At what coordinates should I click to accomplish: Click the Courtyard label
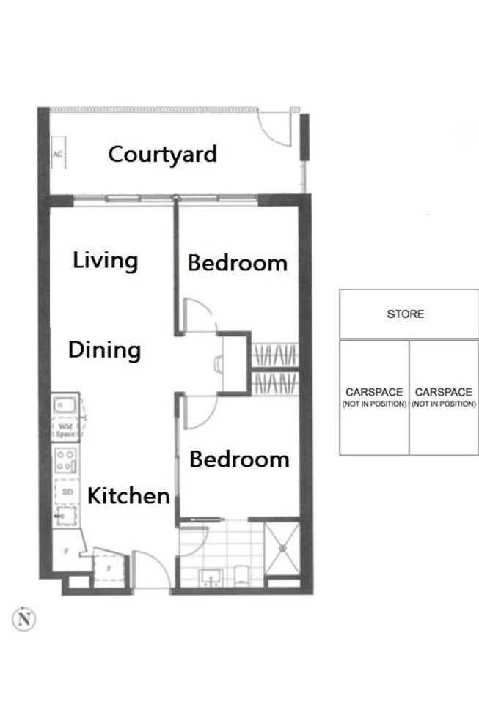(162, 155)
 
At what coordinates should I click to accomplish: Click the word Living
(105, 260)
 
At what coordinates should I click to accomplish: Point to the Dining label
(104, 349)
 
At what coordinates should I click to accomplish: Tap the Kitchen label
(128, 495)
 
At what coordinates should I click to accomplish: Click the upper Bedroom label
(237, 262)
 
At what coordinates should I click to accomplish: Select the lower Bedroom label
(239, 459)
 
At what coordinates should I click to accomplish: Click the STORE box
(406, 314)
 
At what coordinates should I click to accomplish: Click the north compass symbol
(25, 619)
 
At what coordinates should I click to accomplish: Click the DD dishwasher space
(67, 492)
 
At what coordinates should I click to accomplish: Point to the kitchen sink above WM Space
(65, 404)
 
